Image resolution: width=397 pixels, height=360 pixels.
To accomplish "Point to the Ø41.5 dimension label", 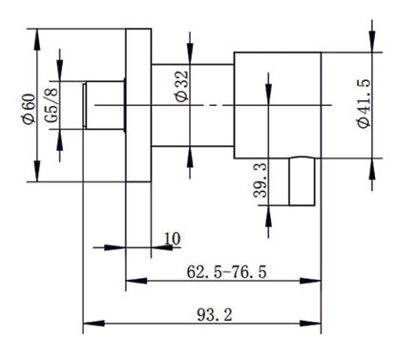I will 364,104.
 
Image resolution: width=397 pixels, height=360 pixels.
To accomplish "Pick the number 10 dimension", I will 172,237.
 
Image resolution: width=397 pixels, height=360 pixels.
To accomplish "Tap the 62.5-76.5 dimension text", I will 226,273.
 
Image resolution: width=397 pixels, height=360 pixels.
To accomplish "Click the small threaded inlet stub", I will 105,105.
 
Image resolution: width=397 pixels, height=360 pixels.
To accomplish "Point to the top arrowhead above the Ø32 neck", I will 191,58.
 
